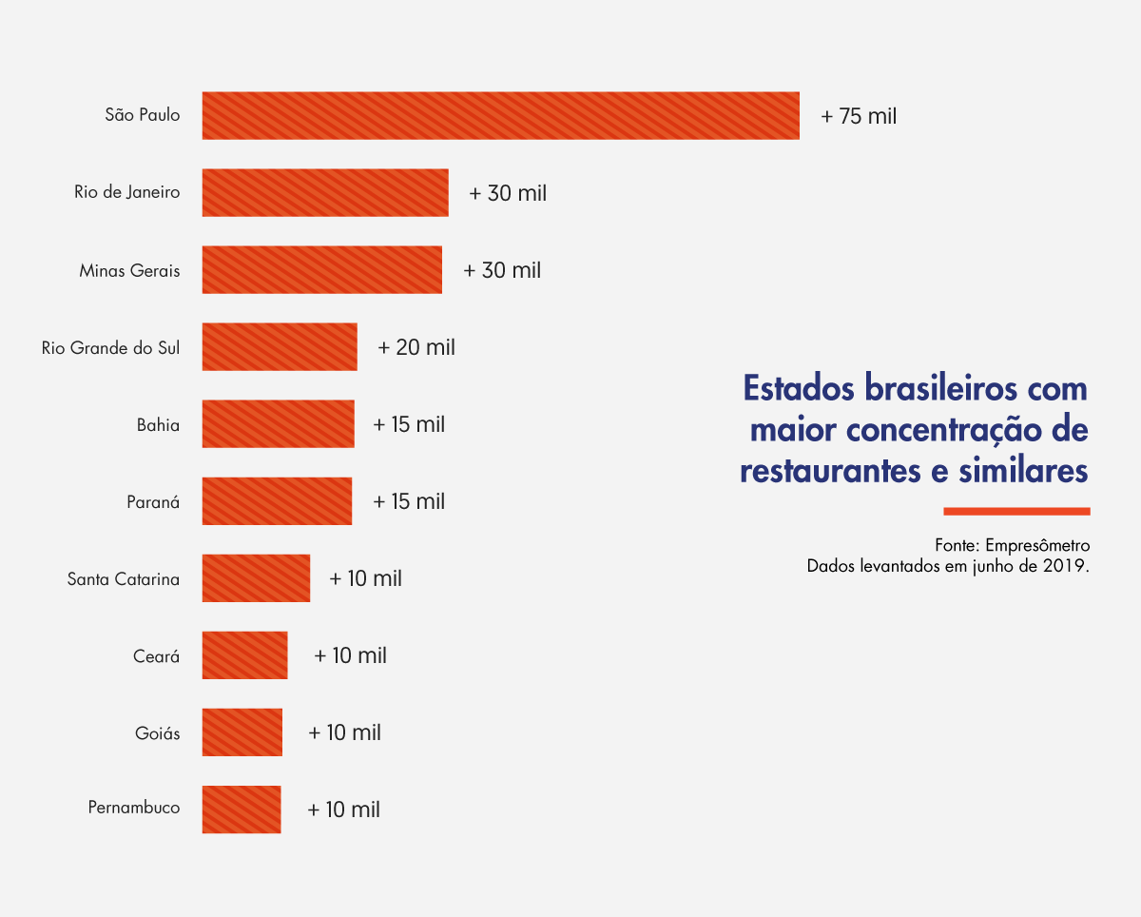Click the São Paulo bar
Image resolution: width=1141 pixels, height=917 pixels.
500,115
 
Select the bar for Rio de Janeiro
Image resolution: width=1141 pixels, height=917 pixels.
325,192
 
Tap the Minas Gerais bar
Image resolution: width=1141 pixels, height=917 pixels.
321,270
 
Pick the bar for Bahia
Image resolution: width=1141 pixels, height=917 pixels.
278,424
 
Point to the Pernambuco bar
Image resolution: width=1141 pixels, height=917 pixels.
242,810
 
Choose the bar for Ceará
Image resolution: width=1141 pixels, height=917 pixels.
244,655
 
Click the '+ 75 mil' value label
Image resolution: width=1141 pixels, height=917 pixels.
859,116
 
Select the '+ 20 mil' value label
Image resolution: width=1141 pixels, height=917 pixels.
416,347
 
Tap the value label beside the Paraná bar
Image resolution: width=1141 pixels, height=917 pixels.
409,501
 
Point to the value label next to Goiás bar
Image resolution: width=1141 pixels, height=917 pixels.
344,732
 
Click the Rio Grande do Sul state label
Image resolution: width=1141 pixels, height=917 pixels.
110,348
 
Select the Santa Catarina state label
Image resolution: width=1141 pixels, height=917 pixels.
124,579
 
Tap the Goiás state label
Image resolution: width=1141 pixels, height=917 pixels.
158,733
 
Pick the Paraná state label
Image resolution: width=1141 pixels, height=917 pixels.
153,502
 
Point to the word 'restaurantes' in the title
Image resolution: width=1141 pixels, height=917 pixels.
835,470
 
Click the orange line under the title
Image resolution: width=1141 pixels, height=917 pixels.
1016,511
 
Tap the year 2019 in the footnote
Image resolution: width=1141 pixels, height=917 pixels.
1064,566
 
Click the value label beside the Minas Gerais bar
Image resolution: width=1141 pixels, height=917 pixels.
502,270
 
